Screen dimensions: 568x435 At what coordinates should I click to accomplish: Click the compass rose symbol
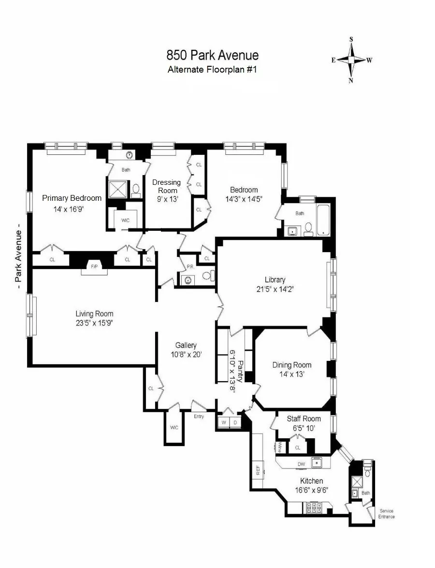[x=351, y=60]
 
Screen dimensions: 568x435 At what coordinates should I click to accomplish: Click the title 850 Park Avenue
[x=212, y=55]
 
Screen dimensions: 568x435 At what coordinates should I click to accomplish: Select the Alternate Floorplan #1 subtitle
[x=212, y=69]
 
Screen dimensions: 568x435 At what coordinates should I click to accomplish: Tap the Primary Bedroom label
[x=72, y=198]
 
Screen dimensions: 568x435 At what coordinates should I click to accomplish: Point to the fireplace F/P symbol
[x=93, y=267]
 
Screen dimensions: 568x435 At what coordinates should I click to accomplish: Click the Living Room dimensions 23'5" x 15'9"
[x=94, y=323]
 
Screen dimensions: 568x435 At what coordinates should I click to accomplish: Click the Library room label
[x=275, y=280]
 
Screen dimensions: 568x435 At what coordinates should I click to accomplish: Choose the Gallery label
[x=186, y=345]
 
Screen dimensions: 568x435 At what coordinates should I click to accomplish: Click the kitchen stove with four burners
[x=315, y=508]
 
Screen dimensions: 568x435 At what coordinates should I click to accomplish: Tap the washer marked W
[x=224, y=422]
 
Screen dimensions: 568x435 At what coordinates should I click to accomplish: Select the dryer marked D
[x=235, y=422]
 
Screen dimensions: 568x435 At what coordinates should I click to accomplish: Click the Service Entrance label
[x=387, y=514]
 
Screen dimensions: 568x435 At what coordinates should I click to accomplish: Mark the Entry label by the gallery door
[x=199, y=416]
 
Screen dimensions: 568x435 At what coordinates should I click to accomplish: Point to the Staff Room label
[x=304, y=419]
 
